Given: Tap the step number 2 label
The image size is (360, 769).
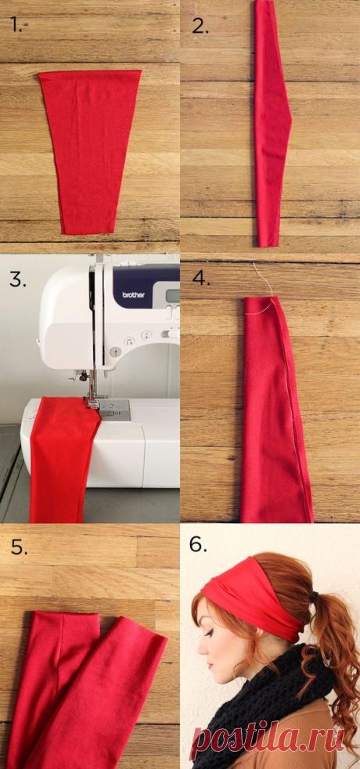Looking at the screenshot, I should pyautogui.click(x=200, y=27).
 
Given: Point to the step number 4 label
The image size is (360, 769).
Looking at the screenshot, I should pyautogui.click(x=200, y=278).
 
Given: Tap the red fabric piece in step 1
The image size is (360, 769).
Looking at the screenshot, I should pyautogui.click(x=89, y=149).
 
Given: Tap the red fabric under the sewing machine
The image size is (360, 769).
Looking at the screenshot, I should pyautogui.click(x=63, y=462).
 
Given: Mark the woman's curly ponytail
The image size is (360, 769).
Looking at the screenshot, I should pyautogui.click(x=333, y=658).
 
